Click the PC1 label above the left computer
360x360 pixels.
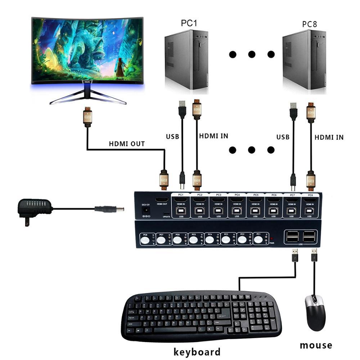pyautogui.click(x=189, y=23)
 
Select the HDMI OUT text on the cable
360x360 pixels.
pyautogui.click(x=127, y=144)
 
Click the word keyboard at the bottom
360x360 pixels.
pyautogui.click(x=197, y=351)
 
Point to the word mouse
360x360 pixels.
pyautogui.click(x=316, y=345)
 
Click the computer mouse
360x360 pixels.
pyautogui.click(x=315, y=312)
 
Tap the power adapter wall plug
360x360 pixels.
pyautogui.click(x=34, y=209)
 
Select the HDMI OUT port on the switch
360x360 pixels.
pyautogui.click(x=162, y=199)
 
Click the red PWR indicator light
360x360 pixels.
pyautogui.click(x=271, y=239)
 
